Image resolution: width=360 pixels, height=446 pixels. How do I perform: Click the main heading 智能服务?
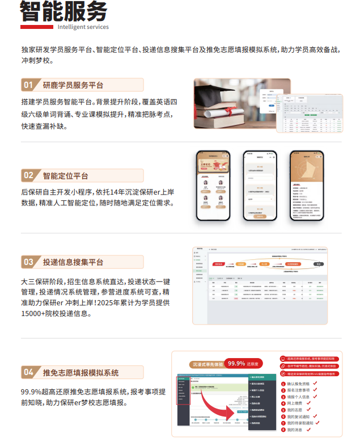click(x=63, y=11)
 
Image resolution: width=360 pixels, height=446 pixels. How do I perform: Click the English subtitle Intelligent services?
click(x=83, y=27)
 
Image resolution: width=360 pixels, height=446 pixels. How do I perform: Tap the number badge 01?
click(x=28, y=85)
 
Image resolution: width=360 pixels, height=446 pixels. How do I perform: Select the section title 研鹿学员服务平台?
click(x=73, y=85)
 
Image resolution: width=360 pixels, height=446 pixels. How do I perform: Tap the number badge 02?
click(x=28, y=175)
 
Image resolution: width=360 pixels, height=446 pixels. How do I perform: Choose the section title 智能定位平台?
click(x=65, y=175)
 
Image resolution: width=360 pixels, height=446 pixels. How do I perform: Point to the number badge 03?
click(x=28, y=262)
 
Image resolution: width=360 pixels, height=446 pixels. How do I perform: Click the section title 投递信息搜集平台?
click(x=73, y=262)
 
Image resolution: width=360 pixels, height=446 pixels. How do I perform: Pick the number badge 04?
click(x=28, y=372)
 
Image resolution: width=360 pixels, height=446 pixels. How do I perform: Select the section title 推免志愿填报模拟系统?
click(x=81, y=372)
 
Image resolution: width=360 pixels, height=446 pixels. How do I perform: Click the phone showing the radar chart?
click(x=307, y=186)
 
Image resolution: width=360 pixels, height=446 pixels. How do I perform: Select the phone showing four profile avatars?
click(x=214, y=186)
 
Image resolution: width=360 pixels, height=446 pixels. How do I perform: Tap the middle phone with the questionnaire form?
click(x=260, y=186)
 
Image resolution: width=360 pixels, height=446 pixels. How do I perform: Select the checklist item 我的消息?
click(x=298, y=430)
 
